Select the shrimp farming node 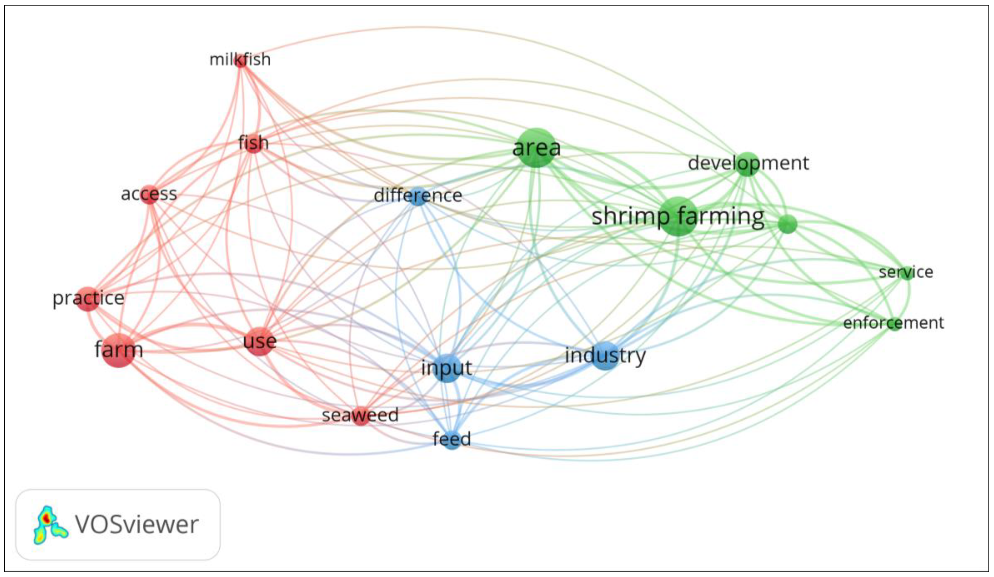pyautogui.click(x=677, y=217)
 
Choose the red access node pyautogui.click(x=149, y=194)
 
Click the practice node pyautogui.click(x=87, y=299)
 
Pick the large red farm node pyautogui.click(x=119, y=350)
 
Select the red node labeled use pyautogui.click(x=259, y=341)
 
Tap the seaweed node pyautogui.click(x=360, y=416)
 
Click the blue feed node pyautogui.click(x=452, y=439)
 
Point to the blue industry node pyautogui.click(x=605, y=356)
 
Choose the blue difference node pyautogui.click(x=418, y=196)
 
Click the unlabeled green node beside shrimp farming pyautogui.click(x=787, y=224)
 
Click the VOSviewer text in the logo pyautogui.click(x=136, y=524)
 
